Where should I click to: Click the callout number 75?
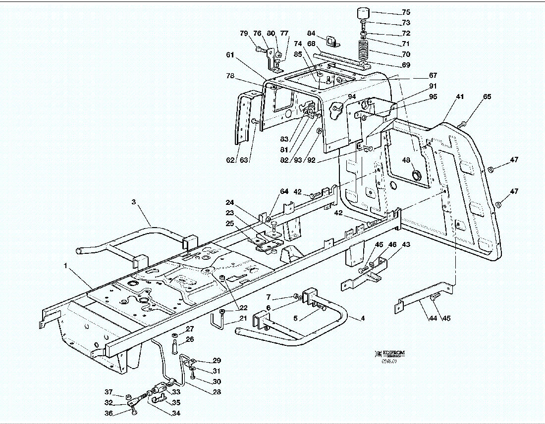(x=406, y=12)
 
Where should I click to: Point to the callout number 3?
(x=133, y=202)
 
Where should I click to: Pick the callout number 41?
(x=460, y=97)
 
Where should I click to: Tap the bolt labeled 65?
(x=464, y=123)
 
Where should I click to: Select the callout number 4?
(x=363, y=318)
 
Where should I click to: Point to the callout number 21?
(x=243, y=318)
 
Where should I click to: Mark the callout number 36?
(x=109, y=414)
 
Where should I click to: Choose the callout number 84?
(x=311, y=33)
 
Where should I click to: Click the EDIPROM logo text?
(x=392, y=353)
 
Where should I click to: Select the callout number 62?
(x=230, y=160)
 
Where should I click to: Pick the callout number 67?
(x=433, y=76)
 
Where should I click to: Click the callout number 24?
(x=229, y=202)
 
